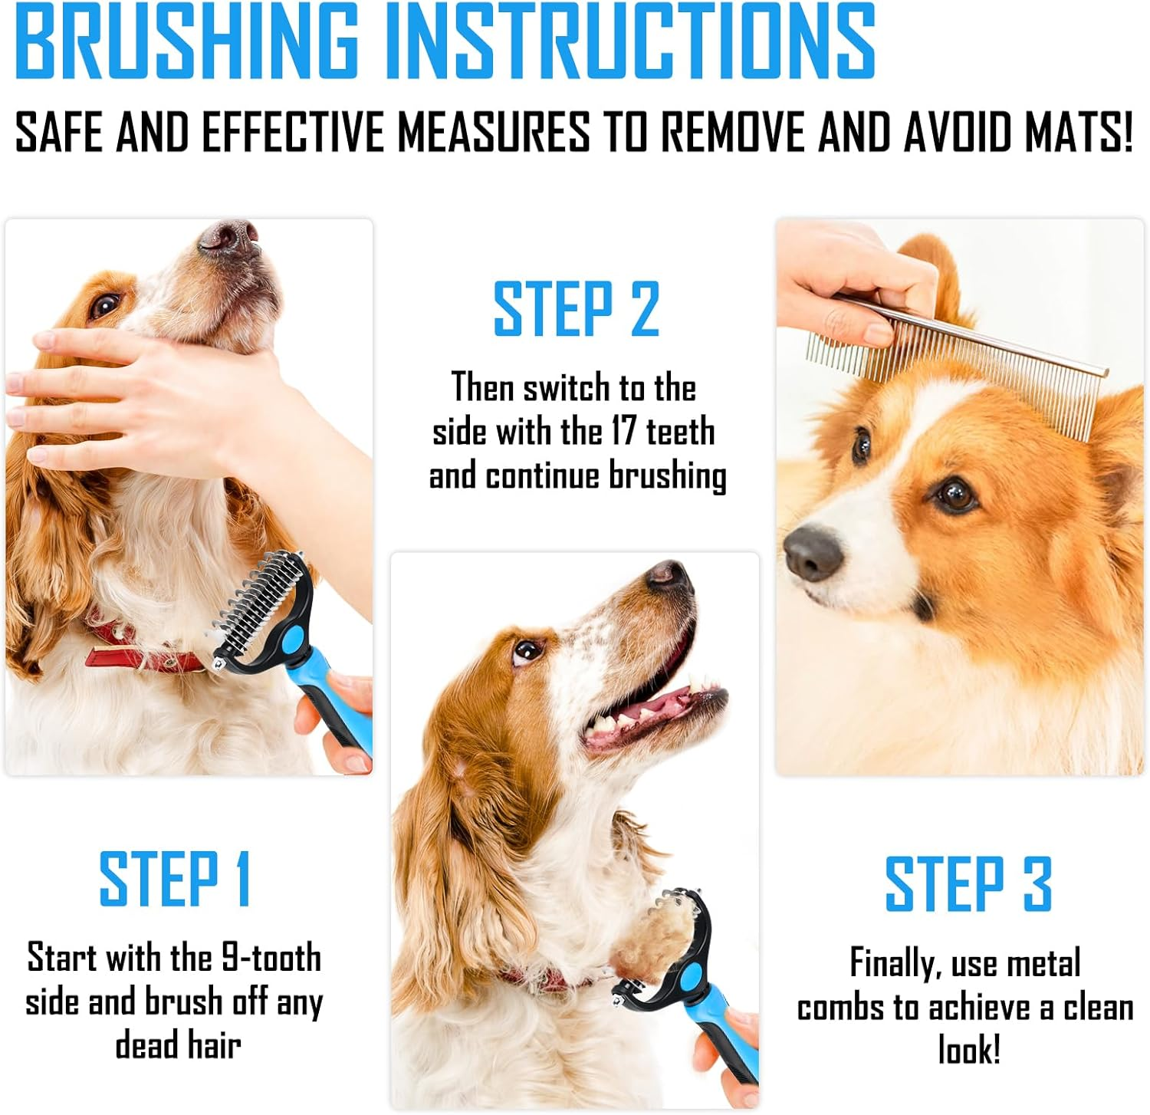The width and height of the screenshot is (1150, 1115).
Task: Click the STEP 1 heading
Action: coord(176,879)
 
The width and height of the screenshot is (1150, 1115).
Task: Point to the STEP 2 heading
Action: coord(576,309)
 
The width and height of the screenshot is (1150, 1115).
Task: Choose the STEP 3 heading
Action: coord(968,884)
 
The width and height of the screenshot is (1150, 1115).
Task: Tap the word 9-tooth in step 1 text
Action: coord(271,958)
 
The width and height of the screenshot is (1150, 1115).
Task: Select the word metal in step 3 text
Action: coord(1043,963)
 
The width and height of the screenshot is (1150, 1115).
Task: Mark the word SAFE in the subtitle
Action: coord(60,132)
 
